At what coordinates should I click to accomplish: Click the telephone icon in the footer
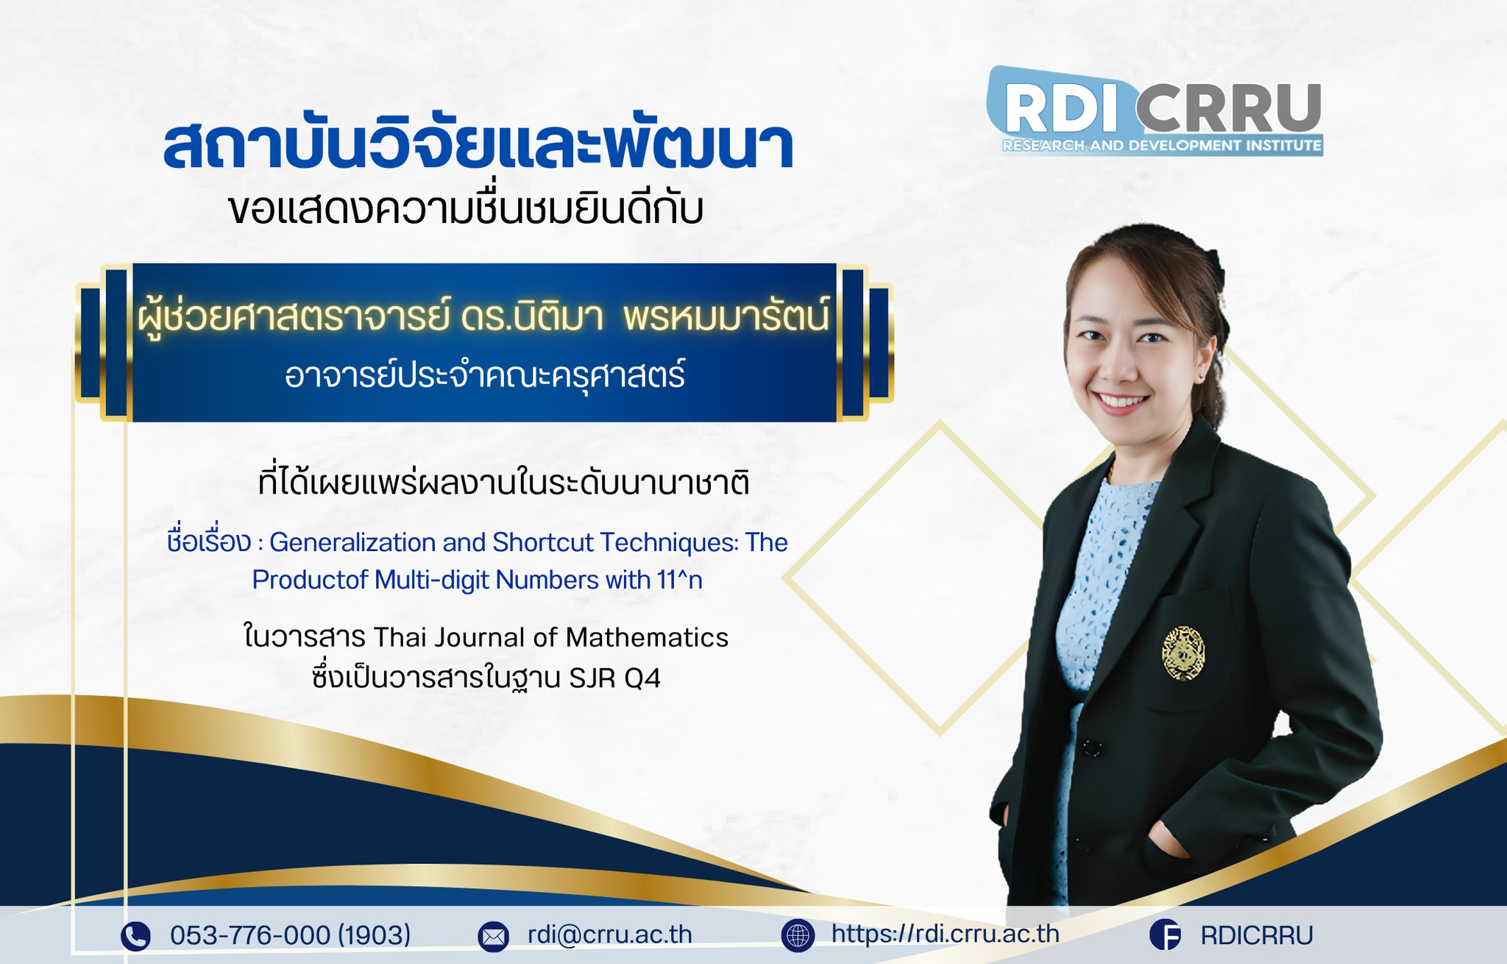pyautogui.click(x=135, y=936)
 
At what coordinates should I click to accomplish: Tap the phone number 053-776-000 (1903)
pyautogui.click(x=291, y=935)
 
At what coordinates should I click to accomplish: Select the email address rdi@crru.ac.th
pyautogui.click(x=610, y=935)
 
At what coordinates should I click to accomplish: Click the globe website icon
pyautogui.click(x=798, y=935)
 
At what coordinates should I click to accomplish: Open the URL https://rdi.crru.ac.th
pyautogui.click(x=946, y=934)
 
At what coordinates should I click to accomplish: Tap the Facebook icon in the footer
pyautogui.click(x=1166, y=935)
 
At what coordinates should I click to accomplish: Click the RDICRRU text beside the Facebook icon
pyautogui.click(x=1257, y=935)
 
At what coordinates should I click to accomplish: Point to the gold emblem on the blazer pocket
pyautogui.click(x=1183, y=652)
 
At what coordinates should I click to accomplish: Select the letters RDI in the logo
pyautogui.click(x=1062, y=109)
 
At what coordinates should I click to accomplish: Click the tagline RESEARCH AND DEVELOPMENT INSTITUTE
pyautogui.click(x=1162, y=146)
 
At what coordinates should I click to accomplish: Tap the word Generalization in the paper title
pyautogui.click(x=352, y=542)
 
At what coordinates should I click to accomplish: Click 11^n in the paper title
pyautogui.click(x=680, y=580)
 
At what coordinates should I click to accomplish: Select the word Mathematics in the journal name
pyautogui.click(x=647, y=637)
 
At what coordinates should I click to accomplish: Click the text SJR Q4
pyautogui.click(x=614, y=678)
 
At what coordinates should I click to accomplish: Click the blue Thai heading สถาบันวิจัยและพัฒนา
pyautogui.click(x=478, y=145)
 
